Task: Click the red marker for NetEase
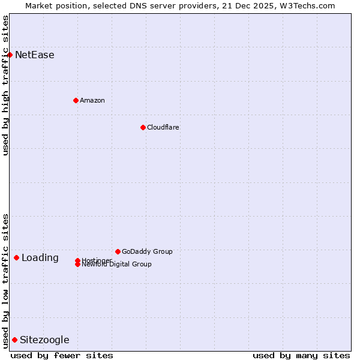pos(10,55)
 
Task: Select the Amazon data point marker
pos(76,100)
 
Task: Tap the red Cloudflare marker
pos(143,127)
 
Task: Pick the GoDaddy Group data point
pos(118,251)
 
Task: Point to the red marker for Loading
pos(16,257)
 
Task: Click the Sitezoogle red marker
pos(14,340)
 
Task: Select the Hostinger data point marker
pos(77,260)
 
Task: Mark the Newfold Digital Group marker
pos(77,265)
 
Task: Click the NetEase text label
pos(35,55)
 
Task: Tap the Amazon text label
pos(92,100)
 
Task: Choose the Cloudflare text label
pos(163,127)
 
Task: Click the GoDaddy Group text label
pos(147,251)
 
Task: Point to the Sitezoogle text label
pos(44,340)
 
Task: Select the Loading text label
pos(40,258)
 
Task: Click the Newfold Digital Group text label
pos(117,265)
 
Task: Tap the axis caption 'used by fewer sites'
pos(62,355)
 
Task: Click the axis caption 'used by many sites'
pos(301,355)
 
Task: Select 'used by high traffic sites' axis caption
pos(6,85)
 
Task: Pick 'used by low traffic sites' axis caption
pos(6,281)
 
